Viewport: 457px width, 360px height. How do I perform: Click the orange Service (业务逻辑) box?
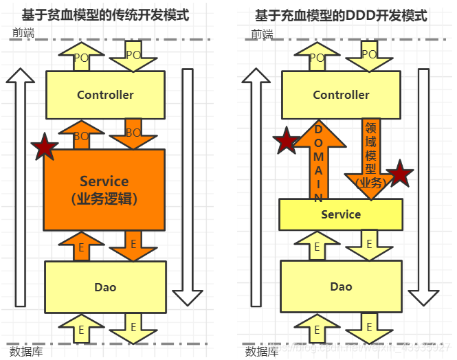coord(104,190)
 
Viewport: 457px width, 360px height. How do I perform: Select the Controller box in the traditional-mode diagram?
coord(105,95)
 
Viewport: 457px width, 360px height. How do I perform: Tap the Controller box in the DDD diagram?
coord(341,95)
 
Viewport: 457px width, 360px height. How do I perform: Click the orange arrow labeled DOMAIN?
coord(318,161)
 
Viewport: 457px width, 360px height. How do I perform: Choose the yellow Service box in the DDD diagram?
coord(341,214)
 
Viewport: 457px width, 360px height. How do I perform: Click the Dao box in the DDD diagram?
coord(341,286)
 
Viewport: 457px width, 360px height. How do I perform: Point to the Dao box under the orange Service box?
coord(105,286)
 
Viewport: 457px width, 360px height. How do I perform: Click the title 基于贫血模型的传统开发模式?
coord(105,15)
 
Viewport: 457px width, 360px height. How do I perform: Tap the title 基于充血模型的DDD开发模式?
coord(341,15)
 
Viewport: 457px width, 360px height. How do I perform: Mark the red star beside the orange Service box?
coord(45,146)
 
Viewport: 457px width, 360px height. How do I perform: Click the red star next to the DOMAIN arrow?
coord(286,142)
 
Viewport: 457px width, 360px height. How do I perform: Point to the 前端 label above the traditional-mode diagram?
coord(23,33)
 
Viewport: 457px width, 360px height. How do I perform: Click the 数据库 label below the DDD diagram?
coord(262,351)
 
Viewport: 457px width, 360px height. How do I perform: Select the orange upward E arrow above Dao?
coord(81,246)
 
